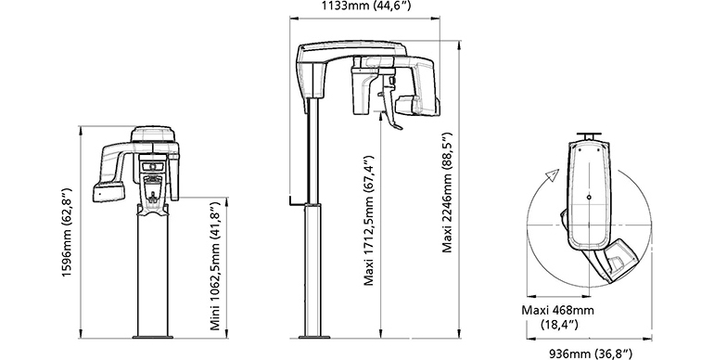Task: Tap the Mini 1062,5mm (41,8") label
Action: [x=215, y=264]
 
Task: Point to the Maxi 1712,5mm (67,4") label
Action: [x=369, y=221]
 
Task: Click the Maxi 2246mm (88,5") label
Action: [x=447, y=192]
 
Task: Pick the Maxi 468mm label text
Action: [x=558, y=310]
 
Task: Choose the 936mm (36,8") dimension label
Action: [x=591, y=354]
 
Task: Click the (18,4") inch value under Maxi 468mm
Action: [x=559, y=325]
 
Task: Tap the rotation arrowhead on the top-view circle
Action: [x=553, y=175]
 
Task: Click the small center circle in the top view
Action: [x=589, y=198]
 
